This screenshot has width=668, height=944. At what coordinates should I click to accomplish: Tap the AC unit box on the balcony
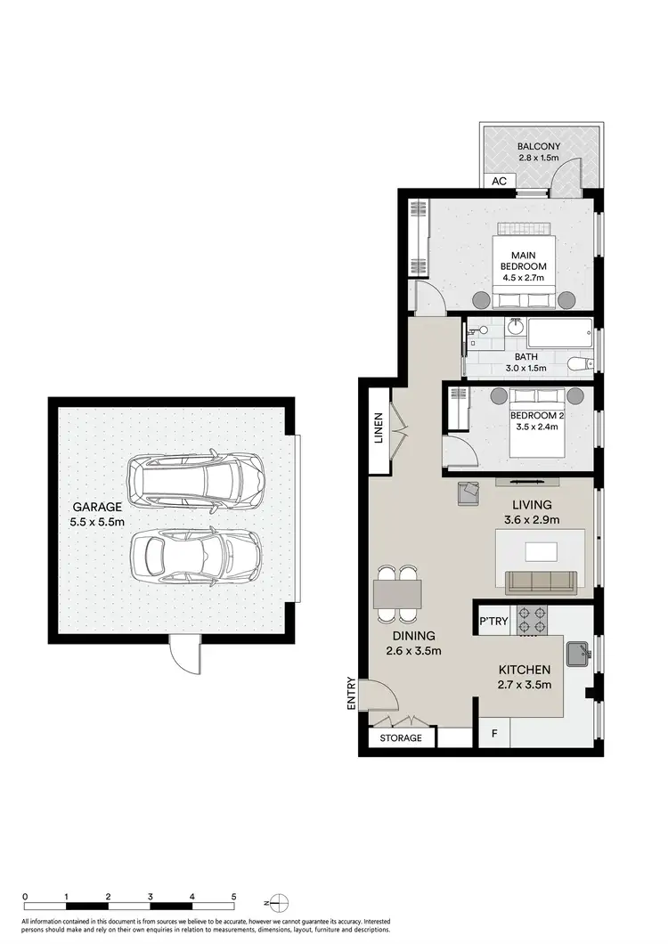(499, 181)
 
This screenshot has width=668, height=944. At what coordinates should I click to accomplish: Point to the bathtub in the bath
(558, 337)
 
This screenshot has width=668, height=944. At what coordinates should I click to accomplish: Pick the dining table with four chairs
(398, 593)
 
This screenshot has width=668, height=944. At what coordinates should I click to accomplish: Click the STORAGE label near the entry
(400, 738)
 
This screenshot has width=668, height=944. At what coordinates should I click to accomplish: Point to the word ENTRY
(353, 695)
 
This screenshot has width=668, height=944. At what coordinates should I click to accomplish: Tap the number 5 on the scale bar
(233, 897)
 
